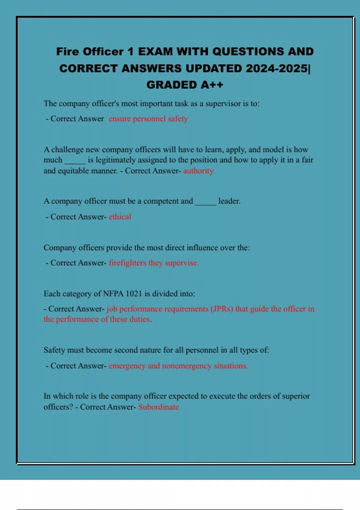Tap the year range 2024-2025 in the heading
point(276,68)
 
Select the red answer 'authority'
point(198,171)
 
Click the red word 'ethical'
point(120,217)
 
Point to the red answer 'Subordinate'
point(158,407)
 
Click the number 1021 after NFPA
point(133,293)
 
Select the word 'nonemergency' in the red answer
point(187,366)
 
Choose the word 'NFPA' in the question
point(113,293)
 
